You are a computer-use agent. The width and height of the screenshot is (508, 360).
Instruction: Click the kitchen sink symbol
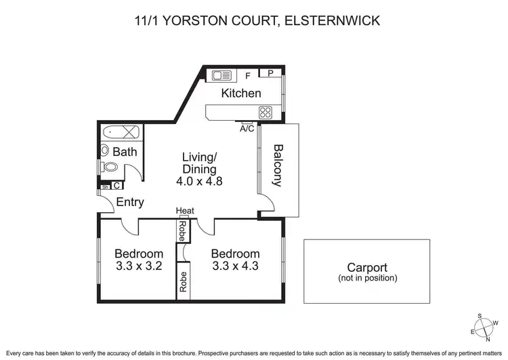[221, 75]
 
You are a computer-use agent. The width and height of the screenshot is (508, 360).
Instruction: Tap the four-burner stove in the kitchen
[266, 113]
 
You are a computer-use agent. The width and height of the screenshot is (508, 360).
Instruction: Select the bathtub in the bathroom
[122, 132]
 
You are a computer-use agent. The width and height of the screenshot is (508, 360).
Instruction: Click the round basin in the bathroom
[105, 151]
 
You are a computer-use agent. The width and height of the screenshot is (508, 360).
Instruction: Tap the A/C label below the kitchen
[247, 128]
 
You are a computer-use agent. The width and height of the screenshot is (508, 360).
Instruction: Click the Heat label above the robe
[185, 211]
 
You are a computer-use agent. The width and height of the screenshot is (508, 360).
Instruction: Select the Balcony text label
[278, 165]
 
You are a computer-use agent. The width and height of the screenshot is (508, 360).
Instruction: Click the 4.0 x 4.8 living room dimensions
[199, 182]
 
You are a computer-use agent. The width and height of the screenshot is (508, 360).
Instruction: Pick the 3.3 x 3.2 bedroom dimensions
[138, 266]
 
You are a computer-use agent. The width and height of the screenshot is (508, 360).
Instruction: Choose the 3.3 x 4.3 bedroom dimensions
[236, 266]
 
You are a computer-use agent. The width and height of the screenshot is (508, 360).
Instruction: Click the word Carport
[367, 267]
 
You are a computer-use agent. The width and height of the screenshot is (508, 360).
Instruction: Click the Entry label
[130, 201]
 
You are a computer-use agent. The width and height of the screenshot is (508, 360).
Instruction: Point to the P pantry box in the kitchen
[270, 73]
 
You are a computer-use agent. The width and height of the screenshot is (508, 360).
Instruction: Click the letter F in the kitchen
[249, 77]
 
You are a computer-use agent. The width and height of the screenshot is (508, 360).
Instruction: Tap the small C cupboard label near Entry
[117, 185]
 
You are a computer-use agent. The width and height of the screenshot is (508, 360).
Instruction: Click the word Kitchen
[241, 93]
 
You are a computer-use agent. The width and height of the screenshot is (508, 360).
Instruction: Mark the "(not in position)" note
[367, 278]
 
